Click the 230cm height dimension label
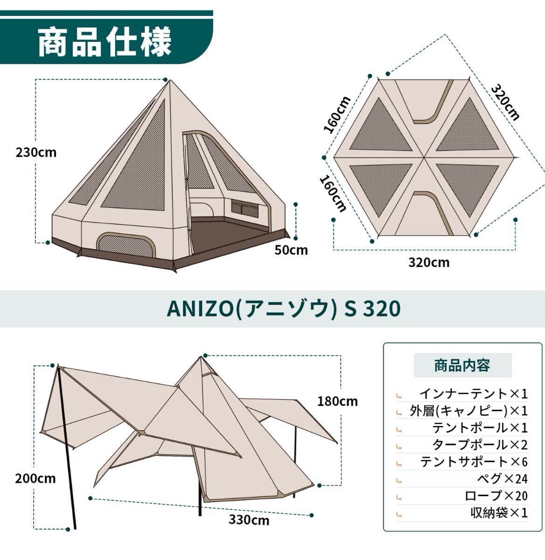(x=36, y=153)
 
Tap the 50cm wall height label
(x=291, y=250)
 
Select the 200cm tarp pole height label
(x=35, y=478)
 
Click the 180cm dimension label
(x=337, y=401)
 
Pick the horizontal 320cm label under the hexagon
(x=429, y=262)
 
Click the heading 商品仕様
(x=105, y=42)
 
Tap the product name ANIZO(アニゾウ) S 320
(x=283, y=308)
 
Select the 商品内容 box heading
(x=462, y=365)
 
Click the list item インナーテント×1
(x=474, y=394)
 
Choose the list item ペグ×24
(x=502, y=478)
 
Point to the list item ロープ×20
(x=496, y=496)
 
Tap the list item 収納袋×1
(x=499, y=512)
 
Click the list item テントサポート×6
(x=474, y=462)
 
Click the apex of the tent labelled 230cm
(x=169, y=80)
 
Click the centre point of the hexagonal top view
(x=424, y=157)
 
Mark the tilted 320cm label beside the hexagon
(x=505, y=102)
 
